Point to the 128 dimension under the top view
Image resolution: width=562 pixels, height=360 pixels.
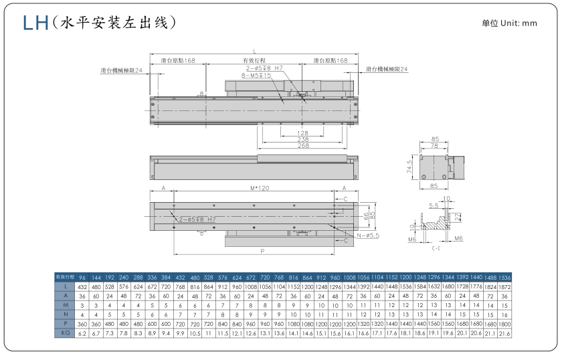click(x=302, y=132)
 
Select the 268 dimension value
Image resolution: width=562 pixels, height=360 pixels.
click(x=302, y=146)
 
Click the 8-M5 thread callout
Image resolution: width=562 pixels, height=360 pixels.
click(x=256, y=76)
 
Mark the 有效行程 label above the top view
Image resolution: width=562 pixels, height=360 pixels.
click(x=254, y=60)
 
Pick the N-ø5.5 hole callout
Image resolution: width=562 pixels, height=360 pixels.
click(x=366, y=236)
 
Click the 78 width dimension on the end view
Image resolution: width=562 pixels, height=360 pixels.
click(x=436, y=145)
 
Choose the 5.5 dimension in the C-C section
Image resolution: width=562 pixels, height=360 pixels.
click(x=434, y=206)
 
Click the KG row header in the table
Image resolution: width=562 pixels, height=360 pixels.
click(x=65, y=332)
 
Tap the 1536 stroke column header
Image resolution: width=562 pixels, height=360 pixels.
click(x=504, y=276)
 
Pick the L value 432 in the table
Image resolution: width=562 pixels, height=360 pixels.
click(x=83, y=286)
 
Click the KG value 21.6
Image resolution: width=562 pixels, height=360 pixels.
click(x=504, y=332)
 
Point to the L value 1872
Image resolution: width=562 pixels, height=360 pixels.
click(x=504, y=286)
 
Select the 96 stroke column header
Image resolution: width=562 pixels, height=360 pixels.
click(x=83, y=276)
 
